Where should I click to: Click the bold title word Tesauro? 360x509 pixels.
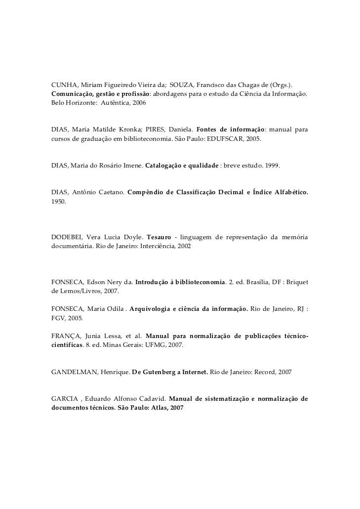159,238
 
